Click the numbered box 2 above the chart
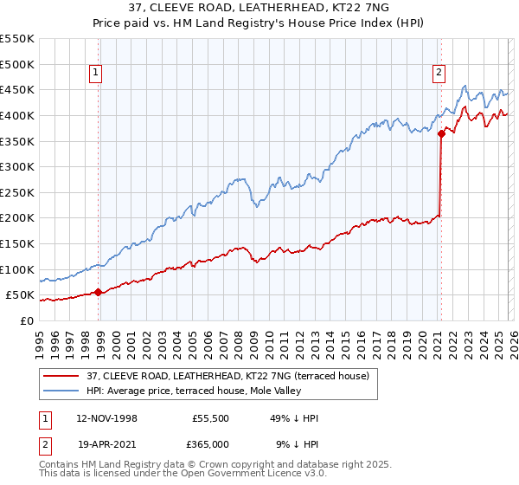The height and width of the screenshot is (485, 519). pyautogui.click(x=439, y=74)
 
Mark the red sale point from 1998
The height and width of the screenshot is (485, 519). pyautogui.click(x=98, y=292)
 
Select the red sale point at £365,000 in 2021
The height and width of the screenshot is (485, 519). pyautogui.click(x=441, y=133)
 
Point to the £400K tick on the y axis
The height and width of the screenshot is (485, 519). pyautogui.click(x=17, y=115)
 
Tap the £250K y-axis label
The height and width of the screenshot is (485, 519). pyautogui.click(x=17, y=192)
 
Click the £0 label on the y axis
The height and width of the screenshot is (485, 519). pyautogui.click(x=26, y=320)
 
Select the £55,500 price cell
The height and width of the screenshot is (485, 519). pyautogui.click(x=210, y=418)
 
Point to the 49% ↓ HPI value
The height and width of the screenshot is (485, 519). pyautogui.click(x=293, y=418)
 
